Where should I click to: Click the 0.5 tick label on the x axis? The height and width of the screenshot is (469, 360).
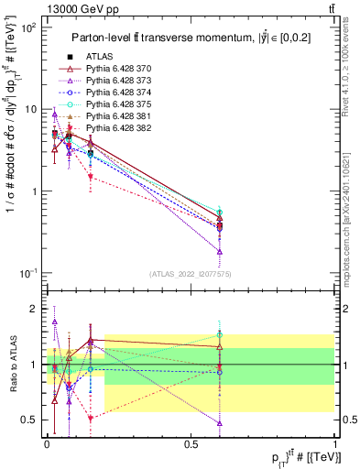pos(191,443)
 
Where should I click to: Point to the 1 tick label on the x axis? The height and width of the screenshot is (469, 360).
pos(335,443)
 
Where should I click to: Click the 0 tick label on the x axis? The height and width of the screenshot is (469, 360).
pos(47,443)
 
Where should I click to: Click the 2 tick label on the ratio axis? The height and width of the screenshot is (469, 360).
pos(36,309)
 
